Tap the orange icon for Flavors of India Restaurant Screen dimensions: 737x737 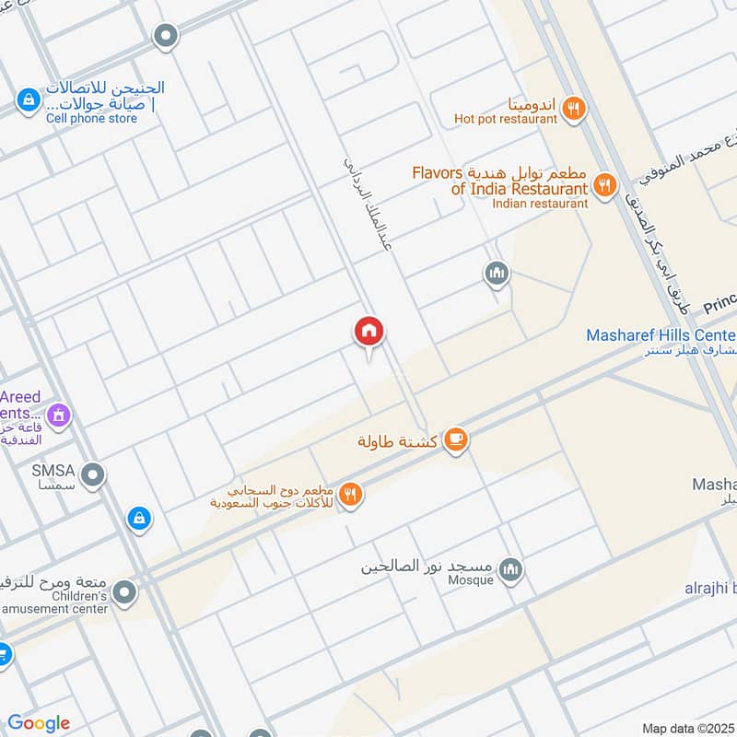[x=604, y=185]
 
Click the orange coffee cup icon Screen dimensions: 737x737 [x=455, y=441]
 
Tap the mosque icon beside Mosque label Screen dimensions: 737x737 [x=512, y=571]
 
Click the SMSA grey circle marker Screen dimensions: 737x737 [x=92, y=476]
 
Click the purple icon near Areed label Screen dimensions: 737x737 [x=58, y=415]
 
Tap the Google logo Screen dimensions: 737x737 [x=39, y=723]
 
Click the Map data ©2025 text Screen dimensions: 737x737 [x=688, y=728]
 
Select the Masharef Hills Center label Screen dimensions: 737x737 [x=661, y=335]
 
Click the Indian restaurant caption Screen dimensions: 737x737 [x=539, y=203]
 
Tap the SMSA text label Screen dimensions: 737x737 [x=52, y=470]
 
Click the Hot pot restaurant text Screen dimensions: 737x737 [x=505, y=119]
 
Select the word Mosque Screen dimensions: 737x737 [x=472, y=579]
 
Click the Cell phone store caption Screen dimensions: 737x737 [x=92, y=119]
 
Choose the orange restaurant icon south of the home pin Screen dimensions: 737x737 [x=351, y=495]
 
